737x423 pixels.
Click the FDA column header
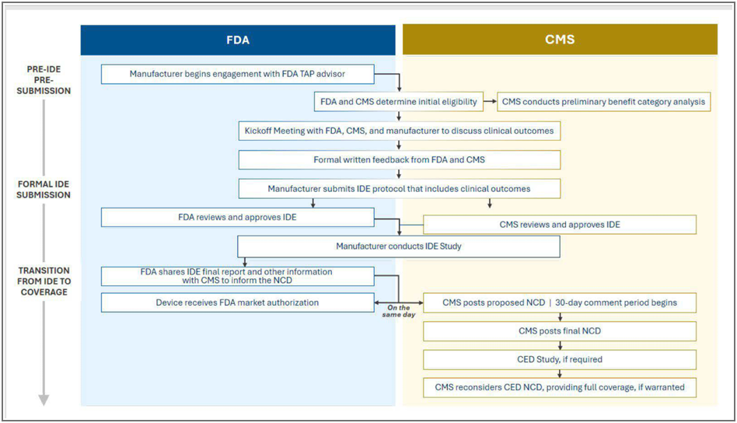coord(238,40)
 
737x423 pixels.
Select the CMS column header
coord(560,40)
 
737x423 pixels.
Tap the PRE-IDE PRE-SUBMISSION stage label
coord(44,80)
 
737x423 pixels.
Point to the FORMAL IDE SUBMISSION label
coord(44,190)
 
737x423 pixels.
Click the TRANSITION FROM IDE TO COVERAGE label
coord(44,281)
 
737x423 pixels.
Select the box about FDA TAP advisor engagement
coord(237,75)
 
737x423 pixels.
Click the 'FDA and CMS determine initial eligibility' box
coord(399,102)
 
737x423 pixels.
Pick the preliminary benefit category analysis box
coord(603,102)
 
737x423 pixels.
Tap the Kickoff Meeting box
coord(399,131)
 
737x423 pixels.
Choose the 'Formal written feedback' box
coord(399,160)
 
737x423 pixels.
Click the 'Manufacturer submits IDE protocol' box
coord(399,188)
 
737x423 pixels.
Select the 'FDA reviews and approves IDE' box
coord(237,217)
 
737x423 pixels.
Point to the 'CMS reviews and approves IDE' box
coord(559,225)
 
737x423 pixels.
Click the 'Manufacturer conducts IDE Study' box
coord(399,246)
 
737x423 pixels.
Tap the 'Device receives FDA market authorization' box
coord(237,302)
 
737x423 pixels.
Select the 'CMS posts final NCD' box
coord(559,331)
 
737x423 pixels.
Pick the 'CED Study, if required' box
coord(559,359)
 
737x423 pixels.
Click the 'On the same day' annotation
coord(399,311)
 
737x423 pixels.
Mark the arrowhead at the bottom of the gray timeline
coord(44,400)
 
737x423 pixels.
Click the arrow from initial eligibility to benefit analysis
coord(491,102)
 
